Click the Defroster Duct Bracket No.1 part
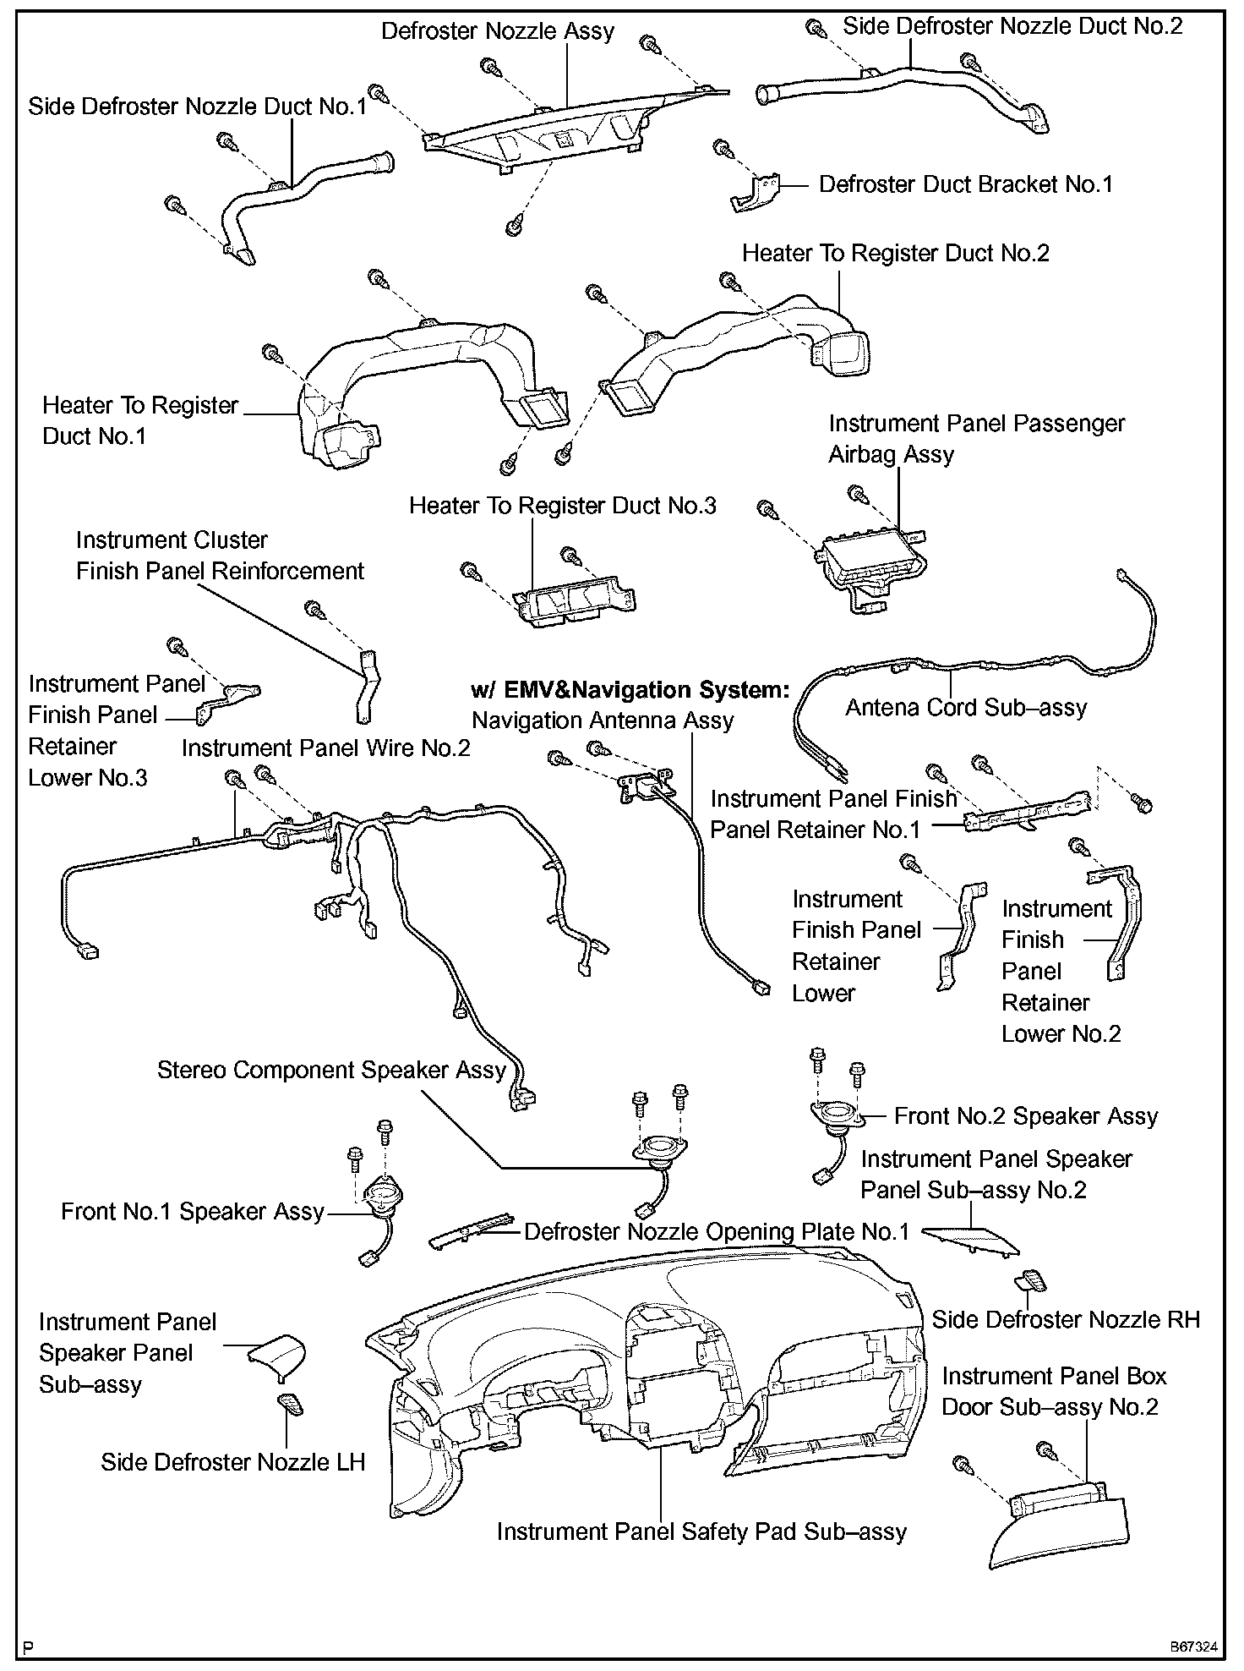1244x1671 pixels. [755, 194]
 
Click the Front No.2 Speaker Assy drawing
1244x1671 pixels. [836, 1116]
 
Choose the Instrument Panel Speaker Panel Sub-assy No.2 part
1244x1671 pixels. [971, 1238]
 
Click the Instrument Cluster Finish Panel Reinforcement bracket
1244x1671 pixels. [368, 686]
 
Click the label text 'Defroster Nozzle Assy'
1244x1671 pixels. [498, 31]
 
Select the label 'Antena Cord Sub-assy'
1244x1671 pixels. [966, 707]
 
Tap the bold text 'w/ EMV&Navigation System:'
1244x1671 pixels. [630, 689]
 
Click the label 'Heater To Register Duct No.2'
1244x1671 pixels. [895, 253]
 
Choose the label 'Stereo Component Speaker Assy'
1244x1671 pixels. [331, 1070]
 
